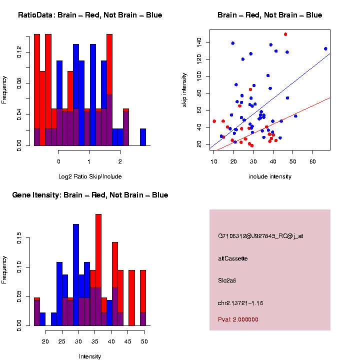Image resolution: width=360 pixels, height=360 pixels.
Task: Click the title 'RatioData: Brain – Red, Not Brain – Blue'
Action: [90, 15]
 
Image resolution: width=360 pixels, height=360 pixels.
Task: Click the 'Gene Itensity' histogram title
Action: [90, 195]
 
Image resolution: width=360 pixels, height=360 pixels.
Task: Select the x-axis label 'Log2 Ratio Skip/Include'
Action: [89, 176]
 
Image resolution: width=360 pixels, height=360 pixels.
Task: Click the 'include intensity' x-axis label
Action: [270, 176]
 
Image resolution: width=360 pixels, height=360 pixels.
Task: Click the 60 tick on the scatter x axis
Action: [313, 161]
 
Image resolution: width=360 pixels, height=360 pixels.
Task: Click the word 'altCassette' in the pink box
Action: [233, 258]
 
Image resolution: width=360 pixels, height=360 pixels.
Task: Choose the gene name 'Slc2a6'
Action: [227, 280]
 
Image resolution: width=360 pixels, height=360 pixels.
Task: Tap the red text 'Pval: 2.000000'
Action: [238, 319]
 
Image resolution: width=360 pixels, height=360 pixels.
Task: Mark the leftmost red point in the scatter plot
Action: [214, 121]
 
